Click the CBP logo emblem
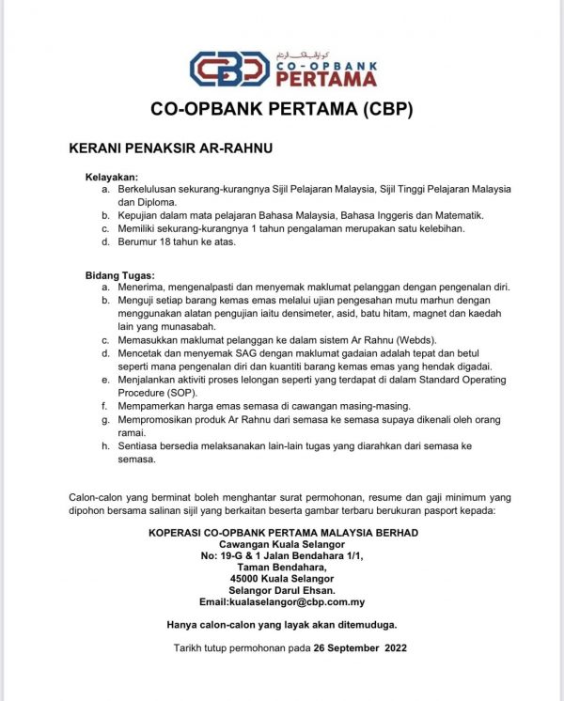(228, 70)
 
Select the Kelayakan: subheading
(112, 177)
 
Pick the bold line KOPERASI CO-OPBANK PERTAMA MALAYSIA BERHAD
(283, 533)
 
